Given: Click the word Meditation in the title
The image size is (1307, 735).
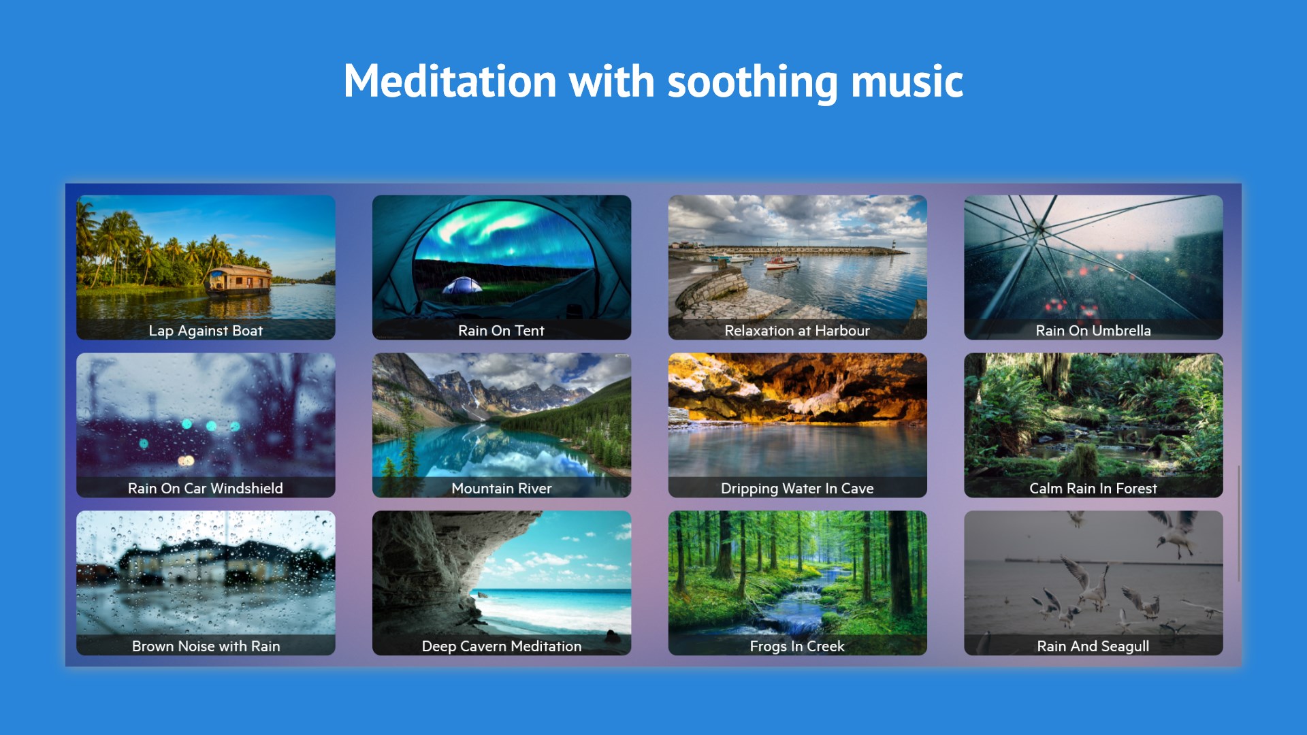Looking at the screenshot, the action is (450, 82).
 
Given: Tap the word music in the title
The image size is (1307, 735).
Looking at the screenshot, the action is (907, 82).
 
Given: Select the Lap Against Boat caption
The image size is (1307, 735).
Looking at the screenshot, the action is (206, 331).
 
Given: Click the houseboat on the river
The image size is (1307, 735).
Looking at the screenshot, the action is (239, 280).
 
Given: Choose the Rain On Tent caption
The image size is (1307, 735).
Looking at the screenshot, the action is (501, 331).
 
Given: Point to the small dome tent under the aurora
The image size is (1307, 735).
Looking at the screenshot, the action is (462, 285).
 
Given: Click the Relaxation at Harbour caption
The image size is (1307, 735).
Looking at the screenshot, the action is (797, 331).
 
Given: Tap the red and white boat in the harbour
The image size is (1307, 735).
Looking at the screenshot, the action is (781, 262).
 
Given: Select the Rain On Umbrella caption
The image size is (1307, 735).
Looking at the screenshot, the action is (1093, 331).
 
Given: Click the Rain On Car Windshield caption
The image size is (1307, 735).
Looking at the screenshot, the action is (206, 489).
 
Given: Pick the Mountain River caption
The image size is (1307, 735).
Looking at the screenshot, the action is (502, 489).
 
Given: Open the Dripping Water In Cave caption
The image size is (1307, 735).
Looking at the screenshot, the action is (797, 489).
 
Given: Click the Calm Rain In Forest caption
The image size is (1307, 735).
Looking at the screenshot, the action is (1093, 489).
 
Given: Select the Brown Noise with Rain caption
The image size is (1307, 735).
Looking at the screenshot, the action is (206, 647).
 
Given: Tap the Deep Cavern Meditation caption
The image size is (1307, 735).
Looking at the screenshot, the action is (502, 647).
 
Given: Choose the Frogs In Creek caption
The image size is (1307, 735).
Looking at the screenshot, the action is (797, 647).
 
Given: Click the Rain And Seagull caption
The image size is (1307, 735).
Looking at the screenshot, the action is (1093, 647).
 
